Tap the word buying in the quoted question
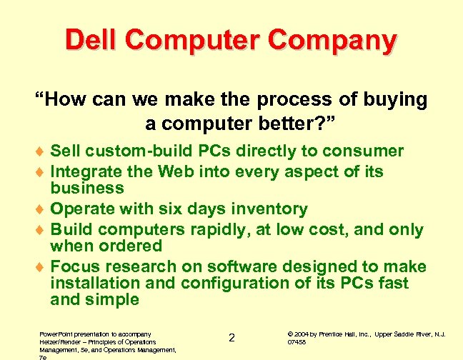[392, 100]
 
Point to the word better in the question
[281, 123]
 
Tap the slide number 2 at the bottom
[231, 337]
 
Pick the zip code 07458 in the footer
[297, 342]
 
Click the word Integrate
[86, 171]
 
